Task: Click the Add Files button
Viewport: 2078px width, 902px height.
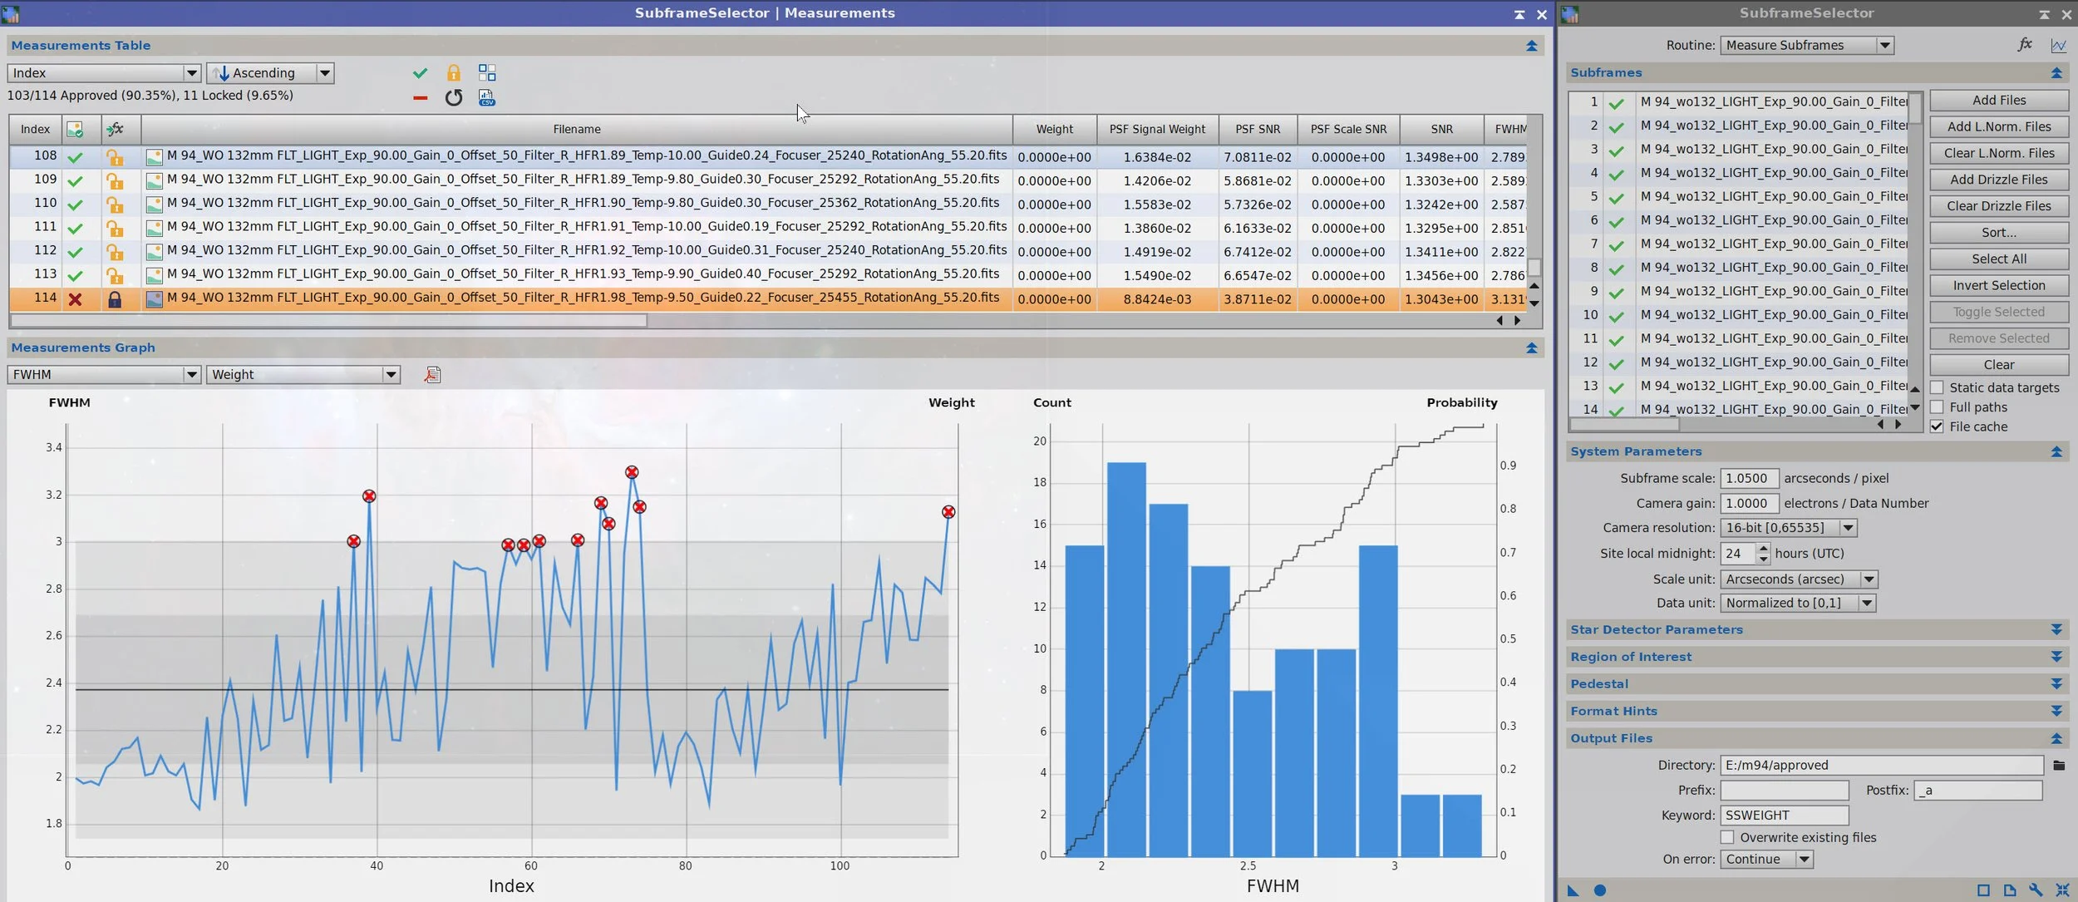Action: [1998, 101]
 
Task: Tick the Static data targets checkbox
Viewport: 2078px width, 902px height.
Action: [1937, 387]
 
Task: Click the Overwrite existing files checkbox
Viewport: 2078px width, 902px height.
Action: [1727, 837]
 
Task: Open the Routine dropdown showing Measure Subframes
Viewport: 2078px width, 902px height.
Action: [1806, 46]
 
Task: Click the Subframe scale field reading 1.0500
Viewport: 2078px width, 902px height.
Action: [1749, 478]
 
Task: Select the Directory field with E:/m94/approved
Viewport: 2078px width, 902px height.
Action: [1881, 765]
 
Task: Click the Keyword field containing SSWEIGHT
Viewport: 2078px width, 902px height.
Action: [1784, 815]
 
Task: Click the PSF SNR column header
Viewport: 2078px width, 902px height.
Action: [1258, 129]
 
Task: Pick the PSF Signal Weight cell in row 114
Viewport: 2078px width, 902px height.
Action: [1157, 299]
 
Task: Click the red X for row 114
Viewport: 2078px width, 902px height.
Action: [75, 299]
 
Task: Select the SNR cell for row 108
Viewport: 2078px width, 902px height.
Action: [1441, 157]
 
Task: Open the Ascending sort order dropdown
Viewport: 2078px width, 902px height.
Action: [270, 73]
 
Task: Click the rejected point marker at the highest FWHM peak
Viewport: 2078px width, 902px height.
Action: [632, 472]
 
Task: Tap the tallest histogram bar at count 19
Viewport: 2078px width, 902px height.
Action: [1126, 659]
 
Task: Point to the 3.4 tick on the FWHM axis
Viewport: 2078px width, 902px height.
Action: [54, 447]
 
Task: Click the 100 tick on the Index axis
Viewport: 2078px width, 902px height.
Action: [840, 866]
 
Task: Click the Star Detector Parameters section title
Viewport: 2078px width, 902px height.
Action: [1656, 629]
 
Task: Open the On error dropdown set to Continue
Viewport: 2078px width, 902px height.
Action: [1766, 860]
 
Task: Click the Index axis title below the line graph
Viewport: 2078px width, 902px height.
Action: [511, 886]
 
